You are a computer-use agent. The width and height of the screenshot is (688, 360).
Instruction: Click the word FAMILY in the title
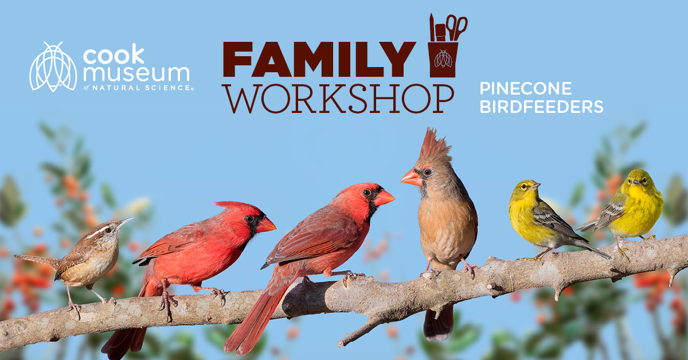tap(319, 59)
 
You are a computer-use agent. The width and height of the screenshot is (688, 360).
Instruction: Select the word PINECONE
tap(526, 88)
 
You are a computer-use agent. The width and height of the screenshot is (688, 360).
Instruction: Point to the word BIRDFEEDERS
tap(541, 107)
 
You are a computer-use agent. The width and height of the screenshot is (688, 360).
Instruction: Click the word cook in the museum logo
tap(114, 54)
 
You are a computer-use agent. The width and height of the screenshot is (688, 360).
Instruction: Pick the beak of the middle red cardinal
tap(384, 198)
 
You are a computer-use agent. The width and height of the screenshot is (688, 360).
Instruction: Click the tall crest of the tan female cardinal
tap(435, 145)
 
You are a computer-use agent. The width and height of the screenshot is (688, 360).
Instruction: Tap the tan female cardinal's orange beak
tap(412, 178)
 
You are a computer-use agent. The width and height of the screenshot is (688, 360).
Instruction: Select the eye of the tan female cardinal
tap(427, 173)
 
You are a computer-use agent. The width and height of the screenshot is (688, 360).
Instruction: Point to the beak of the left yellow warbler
tap(535, 186)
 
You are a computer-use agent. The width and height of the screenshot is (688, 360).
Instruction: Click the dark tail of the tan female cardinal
tap(439, 323)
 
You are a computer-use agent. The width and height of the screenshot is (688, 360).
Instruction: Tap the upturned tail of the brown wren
tap(37, 260)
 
